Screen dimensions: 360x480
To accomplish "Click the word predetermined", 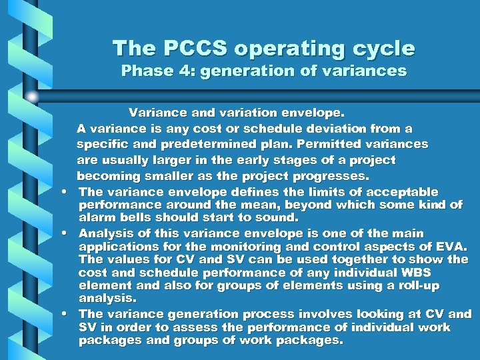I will click(215, 144).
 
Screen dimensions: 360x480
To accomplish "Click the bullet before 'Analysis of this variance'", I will click(70, 233).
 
